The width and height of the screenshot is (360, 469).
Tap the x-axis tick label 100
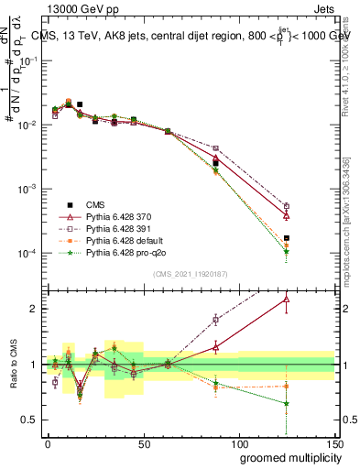[238, 442]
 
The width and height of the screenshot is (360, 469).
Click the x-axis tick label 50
[143, 442]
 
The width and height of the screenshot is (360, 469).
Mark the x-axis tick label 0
[48, 442]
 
